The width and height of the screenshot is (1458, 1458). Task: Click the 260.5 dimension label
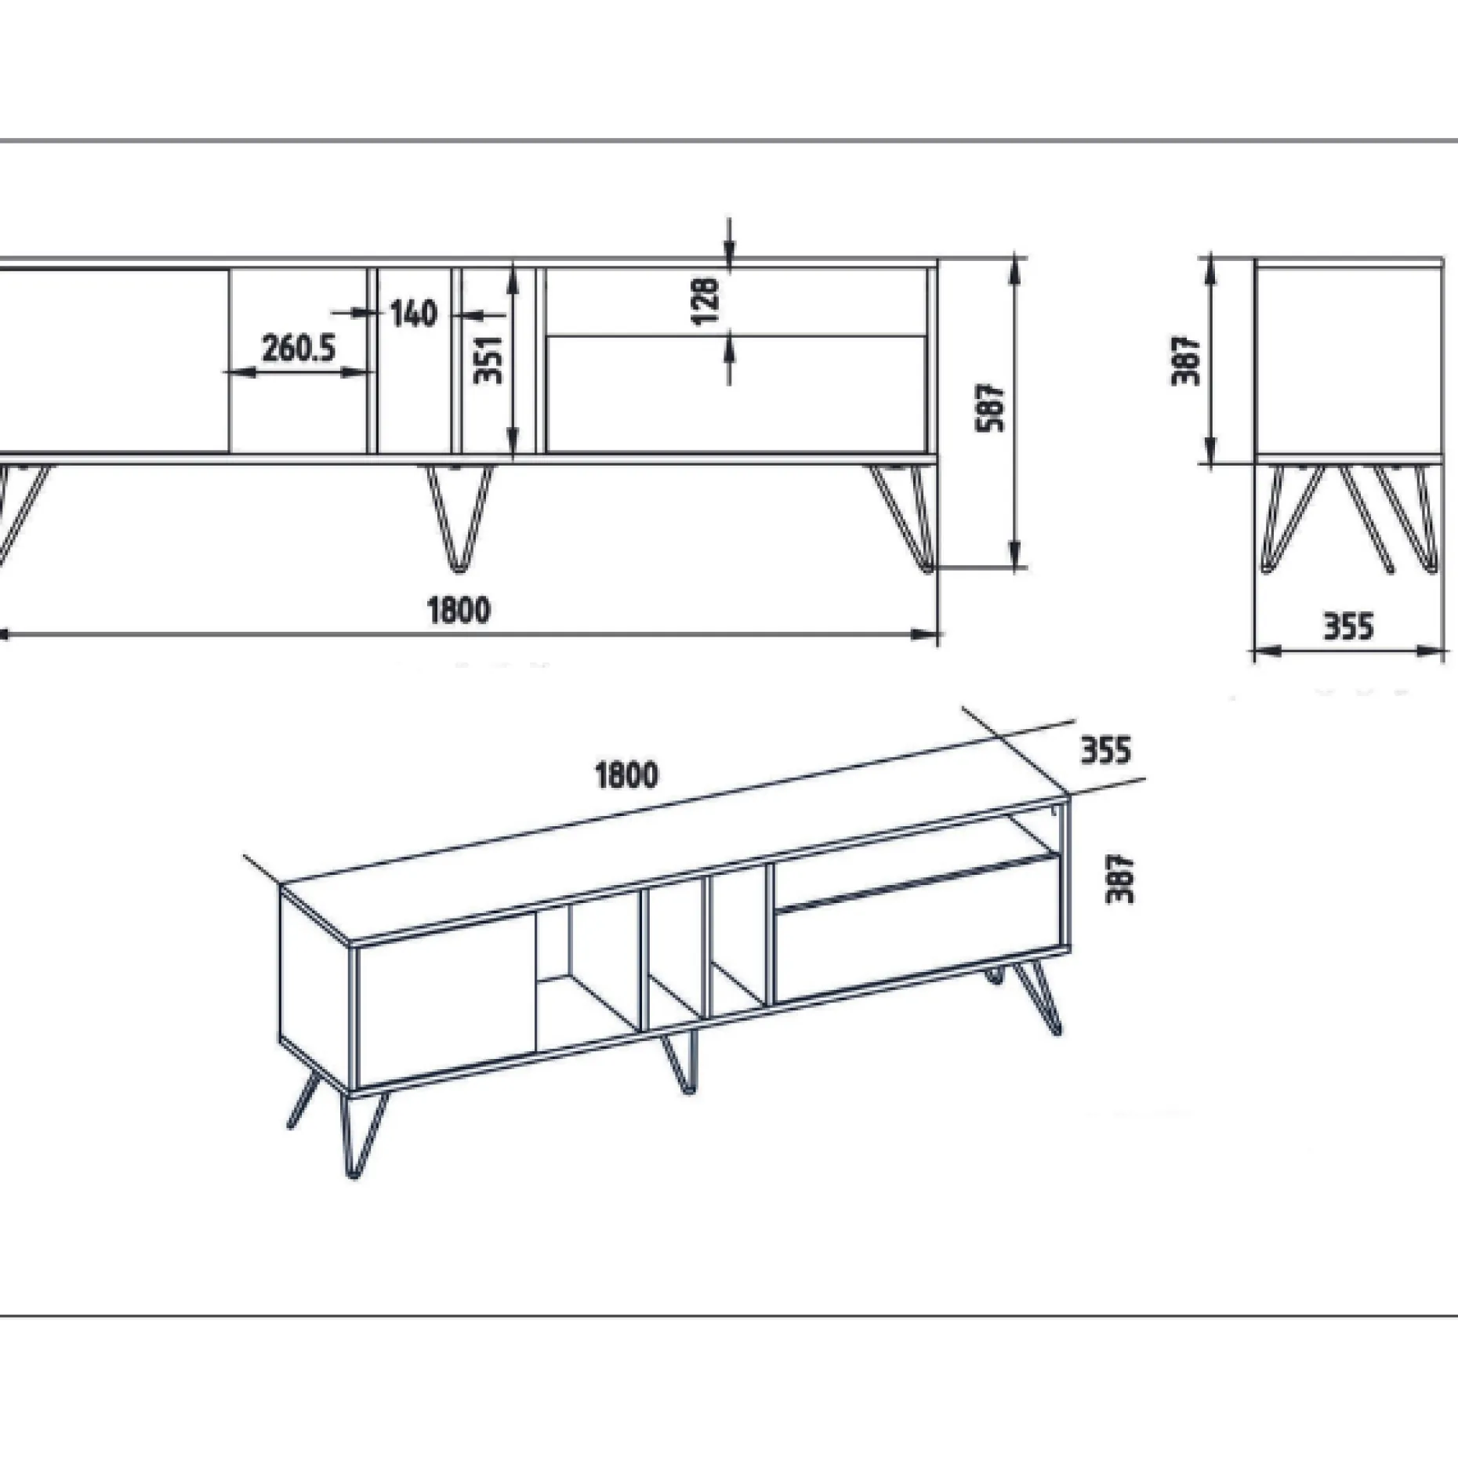(x=299, y=348)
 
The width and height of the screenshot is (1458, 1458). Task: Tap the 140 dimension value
(x=413, y=314)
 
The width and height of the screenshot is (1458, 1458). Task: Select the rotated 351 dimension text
(x=489, y=359)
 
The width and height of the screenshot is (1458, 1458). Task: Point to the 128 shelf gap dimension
(x=705, y=300)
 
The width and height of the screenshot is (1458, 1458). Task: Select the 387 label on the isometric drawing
(x=1120, y=879)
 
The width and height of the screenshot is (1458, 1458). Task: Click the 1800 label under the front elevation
(x=459, y=610)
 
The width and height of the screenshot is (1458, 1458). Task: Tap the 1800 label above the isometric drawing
(x=627, y=775)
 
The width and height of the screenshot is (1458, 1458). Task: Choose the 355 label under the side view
(x=1349, y=627)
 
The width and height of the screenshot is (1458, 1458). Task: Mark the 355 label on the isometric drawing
(x=1107, y=750)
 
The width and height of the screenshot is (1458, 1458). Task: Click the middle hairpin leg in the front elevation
(x=461, y=517)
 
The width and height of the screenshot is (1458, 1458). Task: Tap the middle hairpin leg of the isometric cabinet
(x=679, y=1063)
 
